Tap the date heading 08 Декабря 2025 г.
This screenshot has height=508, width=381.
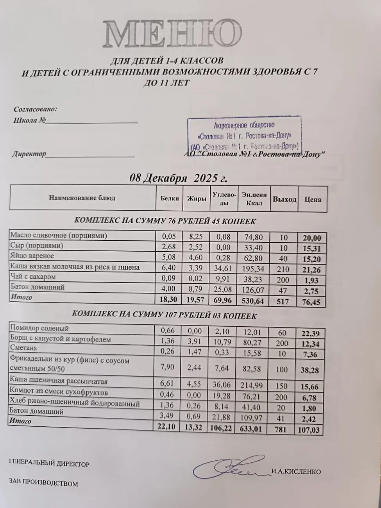tap(178, 178)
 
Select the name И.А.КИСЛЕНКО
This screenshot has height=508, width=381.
tap(296, 472)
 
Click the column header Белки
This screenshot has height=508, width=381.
tap(170, 198)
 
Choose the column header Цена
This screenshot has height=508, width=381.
tap(312, 199)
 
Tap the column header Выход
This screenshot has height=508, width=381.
tap(284, 199)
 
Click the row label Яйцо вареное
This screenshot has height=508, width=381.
tap(32, 256)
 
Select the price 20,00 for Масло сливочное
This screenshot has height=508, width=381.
tap(311, 238)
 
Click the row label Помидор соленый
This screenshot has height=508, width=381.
tap(39, 328)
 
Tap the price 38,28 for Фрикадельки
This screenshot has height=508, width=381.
tap(310, 370)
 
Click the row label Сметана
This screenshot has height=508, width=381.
tap(24, 348)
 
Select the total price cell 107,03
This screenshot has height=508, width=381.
tap(310, 429)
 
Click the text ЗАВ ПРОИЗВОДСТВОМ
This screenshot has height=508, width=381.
tap(43, 484)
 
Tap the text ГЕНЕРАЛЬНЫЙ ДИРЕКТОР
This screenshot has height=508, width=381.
tap(49, 464)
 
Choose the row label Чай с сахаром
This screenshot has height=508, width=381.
tap(33, 277)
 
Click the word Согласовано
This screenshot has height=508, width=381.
tap(35, 109)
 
